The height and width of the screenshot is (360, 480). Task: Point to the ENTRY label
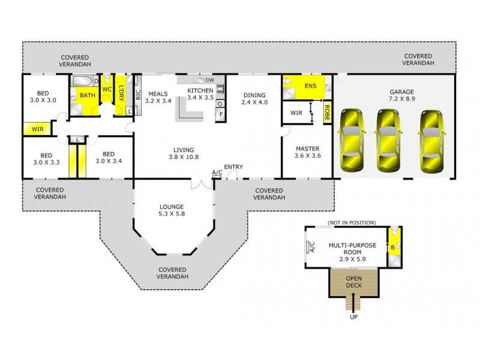click(x=233, y=167)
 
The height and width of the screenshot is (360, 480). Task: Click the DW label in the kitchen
click(x=209, y=80)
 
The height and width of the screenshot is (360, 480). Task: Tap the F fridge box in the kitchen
click(x=220, y=113)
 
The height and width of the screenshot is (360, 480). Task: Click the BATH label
click(x=88, y=95)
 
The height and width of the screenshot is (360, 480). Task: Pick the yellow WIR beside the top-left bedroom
click(x=35, y=128)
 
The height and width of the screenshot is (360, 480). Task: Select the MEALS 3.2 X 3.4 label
click(x=158, y=97)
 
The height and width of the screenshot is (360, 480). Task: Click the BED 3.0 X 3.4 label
click(x=108, y=157)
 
